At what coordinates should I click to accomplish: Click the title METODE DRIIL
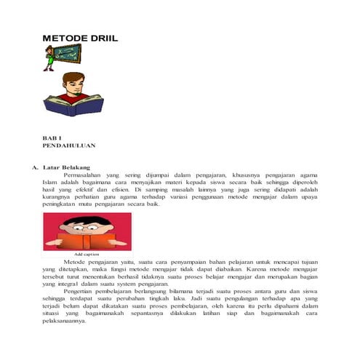80,38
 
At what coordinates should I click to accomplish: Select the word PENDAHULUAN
69,145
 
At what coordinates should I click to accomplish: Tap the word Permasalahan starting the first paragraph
84,175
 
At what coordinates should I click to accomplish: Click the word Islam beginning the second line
50,183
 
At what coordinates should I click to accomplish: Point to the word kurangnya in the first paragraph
57,198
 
